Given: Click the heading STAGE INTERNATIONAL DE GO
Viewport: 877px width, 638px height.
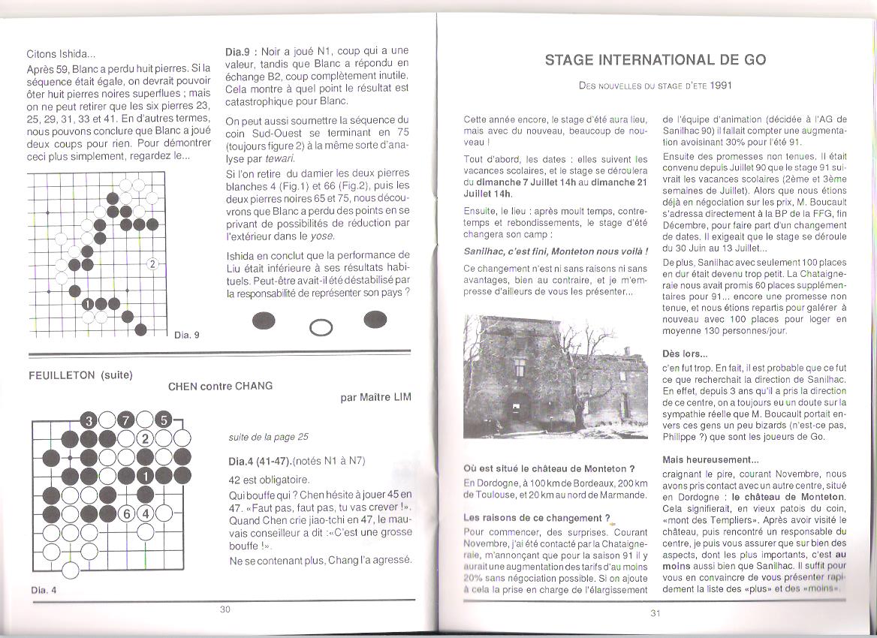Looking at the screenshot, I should coord(655,60).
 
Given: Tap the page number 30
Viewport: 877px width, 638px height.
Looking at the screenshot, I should coord(225,609).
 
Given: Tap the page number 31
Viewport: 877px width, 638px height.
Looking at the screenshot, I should coord(655,613).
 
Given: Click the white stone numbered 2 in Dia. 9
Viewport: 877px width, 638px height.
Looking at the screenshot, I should coord(152,263).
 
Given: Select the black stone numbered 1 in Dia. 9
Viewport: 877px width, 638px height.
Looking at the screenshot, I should coord(87,304).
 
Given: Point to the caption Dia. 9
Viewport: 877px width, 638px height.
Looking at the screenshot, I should coord(187,335).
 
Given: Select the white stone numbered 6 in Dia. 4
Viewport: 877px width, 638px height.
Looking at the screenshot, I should coord(127,514).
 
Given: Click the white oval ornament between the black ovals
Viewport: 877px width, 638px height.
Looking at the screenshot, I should coord(321,327).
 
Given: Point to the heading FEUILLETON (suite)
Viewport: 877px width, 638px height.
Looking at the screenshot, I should coord(80,375).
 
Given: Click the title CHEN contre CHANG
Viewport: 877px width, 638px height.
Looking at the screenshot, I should coord(220,386).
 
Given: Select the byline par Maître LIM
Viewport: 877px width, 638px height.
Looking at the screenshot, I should coord(375,397).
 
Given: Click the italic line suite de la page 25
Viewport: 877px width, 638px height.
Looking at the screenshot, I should coord(268,437).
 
